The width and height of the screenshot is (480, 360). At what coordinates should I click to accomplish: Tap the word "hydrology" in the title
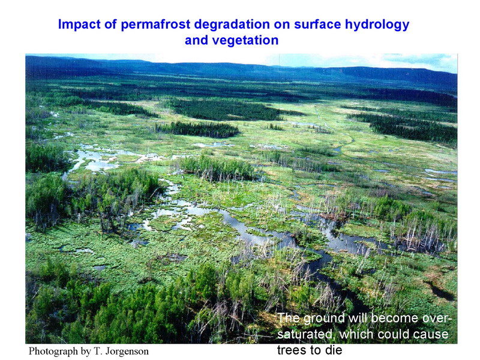377,25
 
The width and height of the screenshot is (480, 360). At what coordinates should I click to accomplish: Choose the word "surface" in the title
317,25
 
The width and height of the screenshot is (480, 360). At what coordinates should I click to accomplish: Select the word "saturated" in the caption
304,334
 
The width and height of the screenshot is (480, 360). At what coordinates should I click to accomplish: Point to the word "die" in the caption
334,350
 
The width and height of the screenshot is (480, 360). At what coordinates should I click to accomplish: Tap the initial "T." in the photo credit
98,351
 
